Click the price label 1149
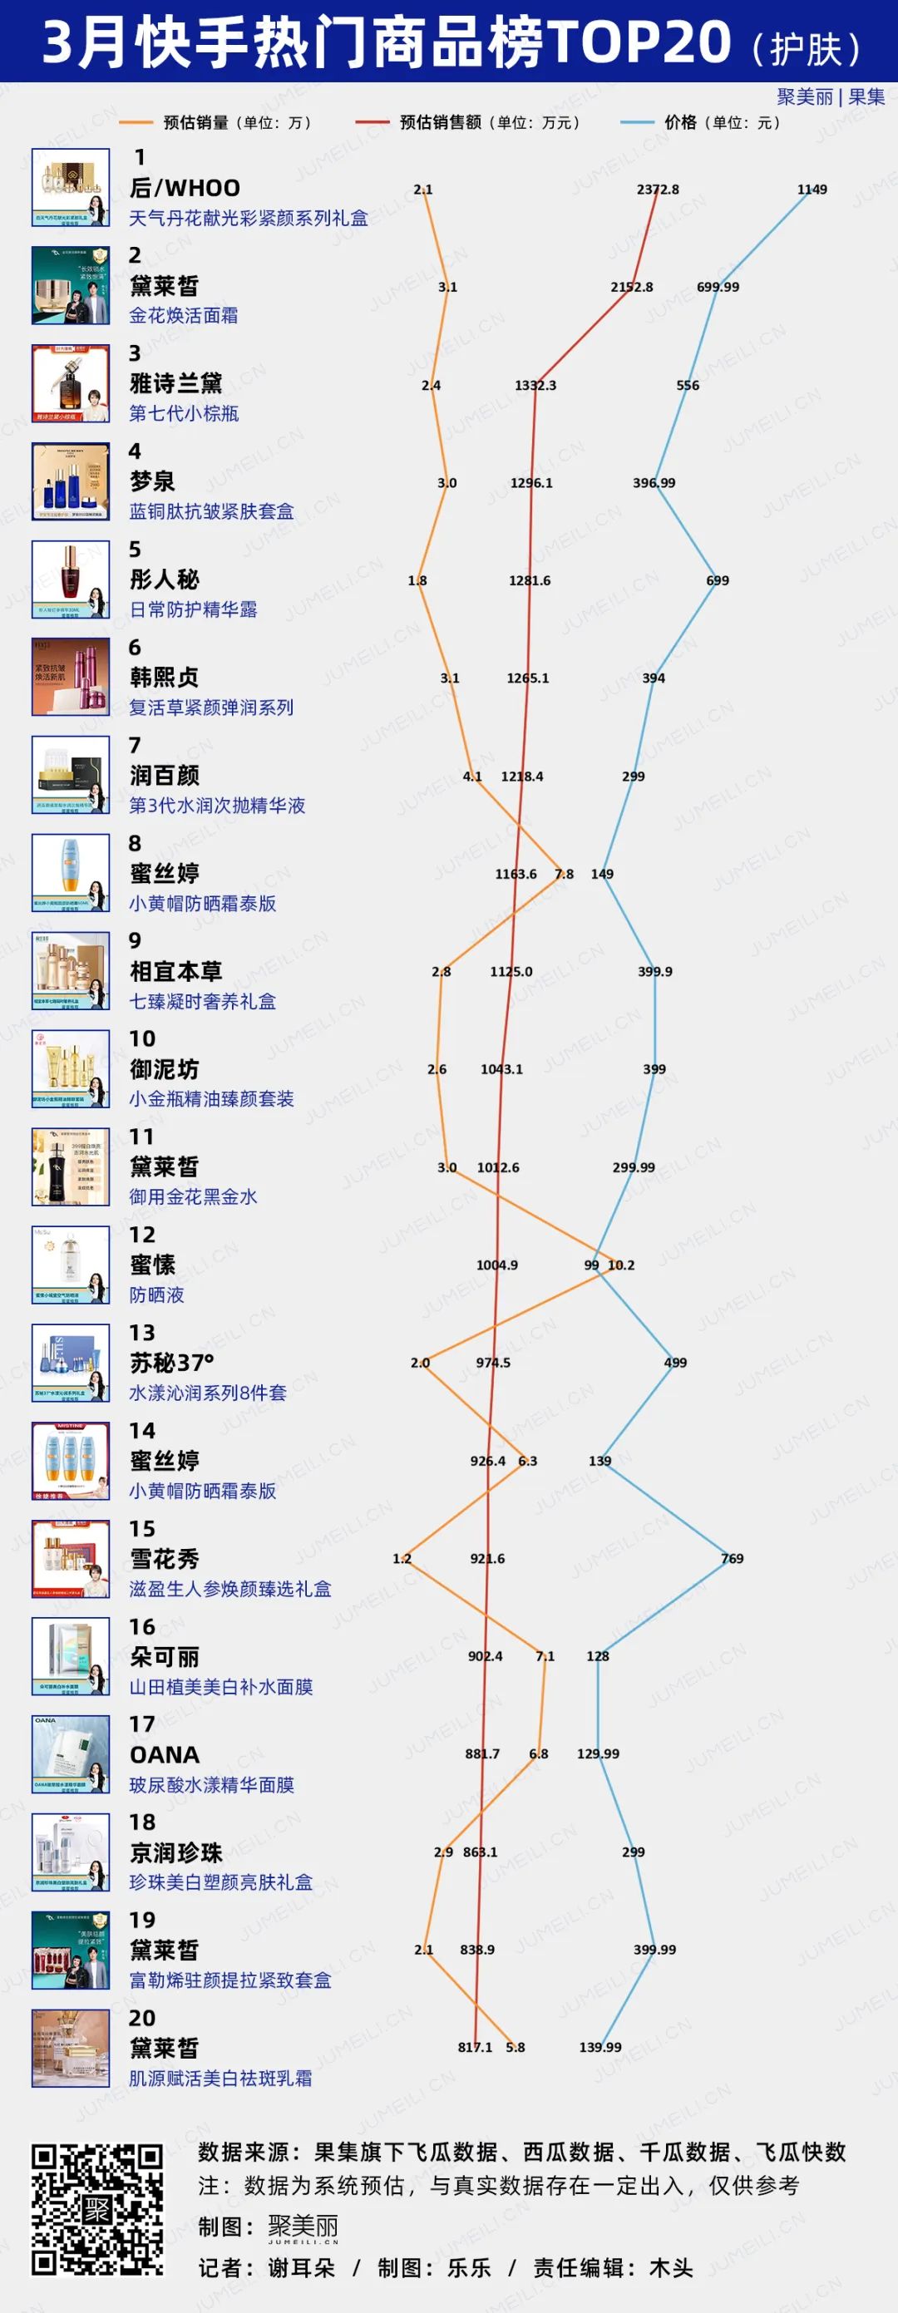tap(812, 190)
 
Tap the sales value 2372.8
tap(658, 190)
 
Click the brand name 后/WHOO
tap(185, 189)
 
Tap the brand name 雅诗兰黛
tap(176, 384)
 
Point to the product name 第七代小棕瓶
tap(184, 414)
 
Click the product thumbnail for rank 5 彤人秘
tap(71, 579)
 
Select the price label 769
tap(732, 1559)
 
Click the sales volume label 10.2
tap(621, 1265)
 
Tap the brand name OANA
tap(165, 1754)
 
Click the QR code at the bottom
tap(97, 2210)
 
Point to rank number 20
tap(142, 2018)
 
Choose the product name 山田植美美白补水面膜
tap(221, 1687)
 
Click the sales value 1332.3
tap(535, 385)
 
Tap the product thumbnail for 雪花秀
tap(71, 1559)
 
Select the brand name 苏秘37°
tap(171, 1363)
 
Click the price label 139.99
tap(599, 2047)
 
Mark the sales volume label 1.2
tap(402, 1559)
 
